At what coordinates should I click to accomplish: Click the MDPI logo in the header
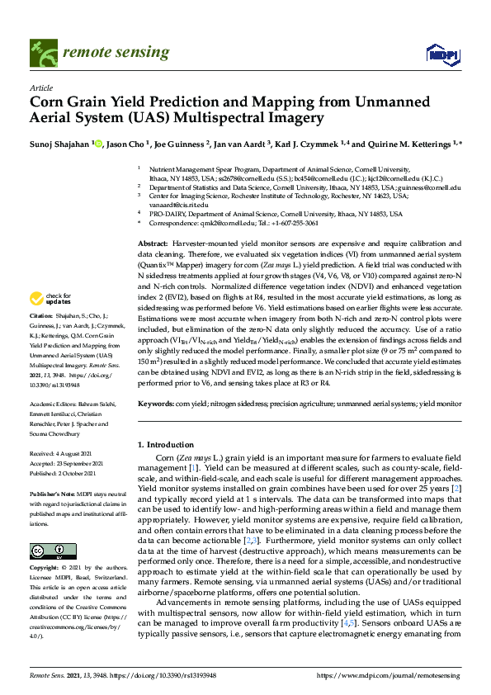(441, 54)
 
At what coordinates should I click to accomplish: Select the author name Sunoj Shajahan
(59, 144)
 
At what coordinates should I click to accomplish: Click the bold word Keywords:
(157, 404)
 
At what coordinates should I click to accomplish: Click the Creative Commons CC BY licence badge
(42, 551)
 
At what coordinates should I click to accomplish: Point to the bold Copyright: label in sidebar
(46, 569)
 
